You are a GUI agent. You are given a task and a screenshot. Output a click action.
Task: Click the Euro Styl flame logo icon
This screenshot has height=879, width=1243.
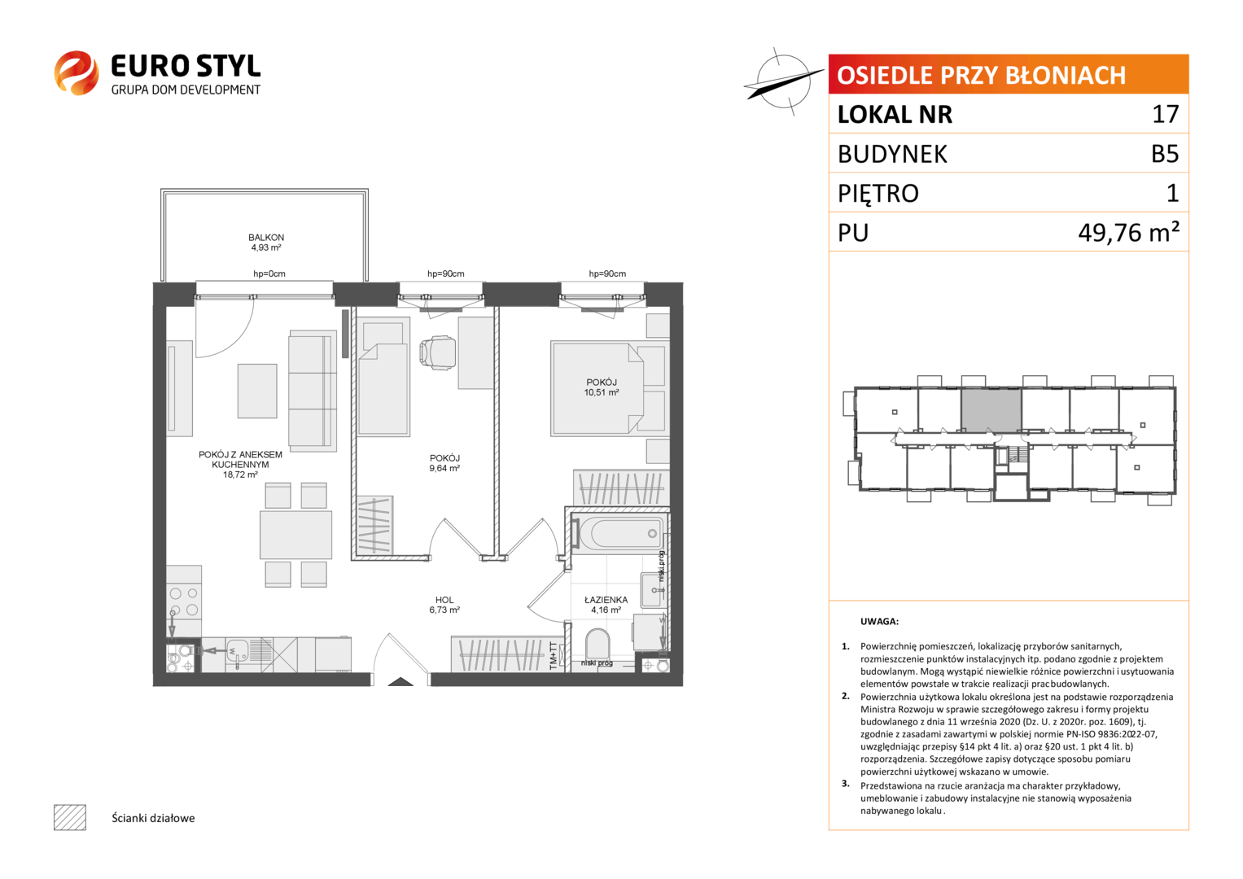tap(77, 72)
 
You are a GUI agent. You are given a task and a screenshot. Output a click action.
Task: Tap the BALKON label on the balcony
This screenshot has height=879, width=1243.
tap(266, 238)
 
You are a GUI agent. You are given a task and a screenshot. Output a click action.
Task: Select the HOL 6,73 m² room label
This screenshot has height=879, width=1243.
tap(444, 605)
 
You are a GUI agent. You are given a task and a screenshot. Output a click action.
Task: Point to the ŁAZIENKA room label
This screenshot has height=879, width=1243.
tap(606, 600)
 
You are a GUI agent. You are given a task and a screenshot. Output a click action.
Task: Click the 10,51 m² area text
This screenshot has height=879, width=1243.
tap(602, 392)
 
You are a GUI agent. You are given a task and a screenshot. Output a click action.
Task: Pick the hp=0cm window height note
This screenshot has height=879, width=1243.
tap(269, 273)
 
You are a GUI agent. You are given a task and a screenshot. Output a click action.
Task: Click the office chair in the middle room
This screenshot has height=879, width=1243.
tap(438, 352)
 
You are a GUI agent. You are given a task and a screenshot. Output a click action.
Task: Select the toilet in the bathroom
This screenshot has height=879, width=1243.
tap(597, 645)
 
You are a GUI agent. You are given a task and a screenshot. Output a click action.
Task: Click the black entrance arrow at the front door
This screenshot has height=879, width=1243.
tap(400, 682)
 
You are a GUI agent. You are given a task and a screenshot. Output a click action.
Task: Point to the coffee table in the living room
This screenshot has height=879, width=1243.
tap(257, 391)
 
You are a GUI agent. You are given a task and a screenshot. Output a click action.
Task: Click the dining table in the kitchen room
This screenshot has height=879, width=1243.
tap(295, 535)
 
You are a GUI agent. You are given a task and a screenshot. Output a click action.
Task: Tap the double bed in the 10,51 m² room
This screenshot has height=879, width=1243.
tap(597, 388)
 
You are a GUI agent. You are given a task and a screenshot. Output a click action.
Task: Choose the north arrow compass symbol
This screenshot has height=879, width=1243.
tap(784, 81)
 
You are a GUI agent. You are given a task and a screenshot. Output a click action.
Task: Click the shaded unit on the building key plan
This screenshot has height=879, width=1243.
tap(991, 410)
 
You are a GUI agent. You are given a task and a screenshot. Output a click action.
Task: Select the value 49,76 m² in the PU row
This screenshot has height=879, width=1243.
tap(1129, 233)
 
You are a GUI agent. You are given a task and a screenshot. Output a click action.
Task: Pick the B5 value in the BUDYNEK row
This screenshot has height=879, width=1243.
tap(1165, 154)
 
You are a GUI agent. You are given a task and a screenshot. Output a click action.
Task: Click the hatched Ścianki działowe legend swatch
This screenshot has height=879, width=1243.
tap(70, 817)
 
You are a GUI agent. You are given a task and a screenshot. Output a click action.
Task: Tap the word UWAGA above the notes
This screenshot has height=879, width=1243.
tap(879, 622)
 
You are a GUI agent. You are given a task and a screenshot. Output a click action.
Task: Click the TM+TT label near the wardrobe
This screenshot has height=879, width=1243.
tap(554, 656)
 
